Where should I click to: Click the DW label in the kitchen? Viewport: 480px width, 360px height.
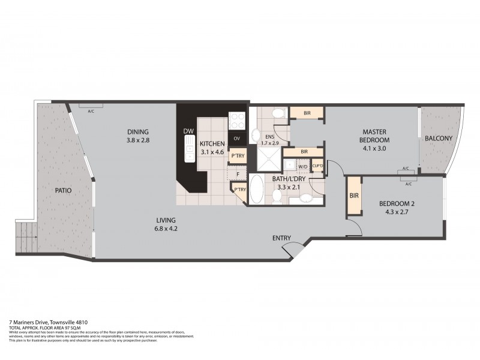[188, 131]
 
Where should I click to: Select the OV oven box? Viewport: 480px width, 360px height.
[237, 139]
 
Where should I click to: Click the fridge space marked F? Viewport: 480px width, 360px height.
[238, 175]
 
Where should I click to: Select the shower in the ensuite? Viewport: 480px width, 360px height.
[268, 157]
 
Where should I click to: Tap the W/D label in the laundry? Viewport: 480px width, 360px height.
[303, 166]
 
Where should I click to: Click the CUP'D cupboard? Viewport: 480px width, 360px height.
[318, 166]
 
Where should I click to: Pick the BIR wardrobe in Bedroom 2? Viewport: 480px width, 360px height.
[353, 195]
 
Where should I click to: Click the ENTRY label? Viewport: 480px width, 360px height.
[282, 238]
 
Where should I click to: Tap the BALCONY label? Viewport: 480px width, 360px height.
[439, 139]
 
